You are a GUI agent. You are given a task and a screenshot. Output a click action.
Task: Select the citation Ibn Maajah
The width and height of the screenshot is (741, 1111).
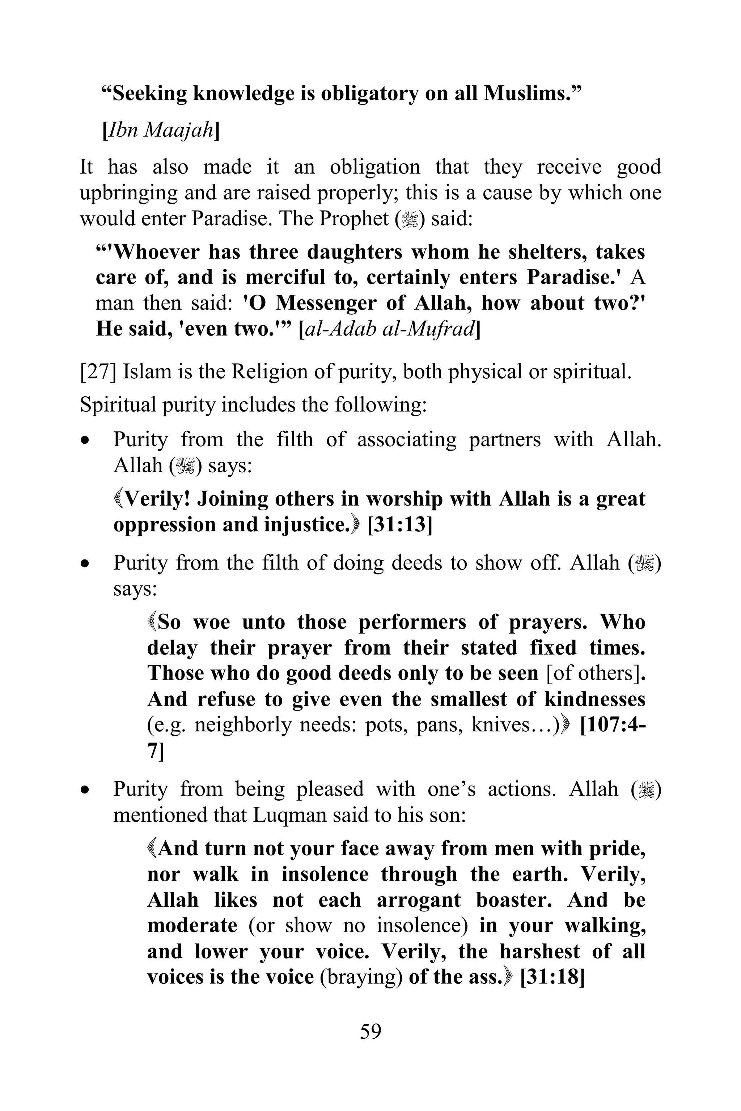(x=161, y=129)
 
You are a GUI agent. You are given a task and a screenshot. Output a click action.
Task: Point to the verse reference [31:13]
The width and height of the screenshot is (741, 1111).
(x=400, y=525)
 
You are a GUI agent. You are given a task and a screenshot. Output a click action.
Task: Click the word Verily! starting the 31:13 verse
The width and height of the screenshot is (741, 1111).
(x=157, y=499)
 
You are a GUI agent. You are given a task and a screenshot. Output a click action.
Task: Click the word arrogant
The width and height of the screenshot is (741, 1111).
(x=418, y=900)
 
